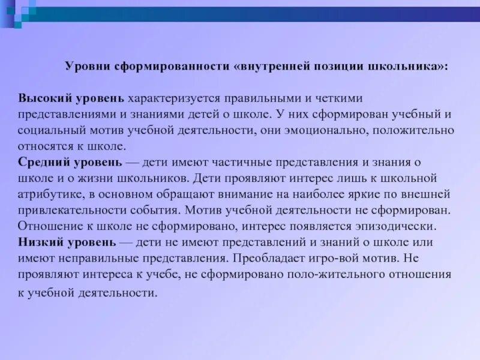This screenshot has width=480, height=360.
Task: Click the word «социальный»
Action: tap(49, 130)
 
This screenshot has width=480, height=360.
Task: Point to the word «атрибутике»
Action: tap(48, 194)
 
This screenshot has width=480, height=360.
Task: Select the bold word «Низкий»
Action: tap(41, 243)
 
